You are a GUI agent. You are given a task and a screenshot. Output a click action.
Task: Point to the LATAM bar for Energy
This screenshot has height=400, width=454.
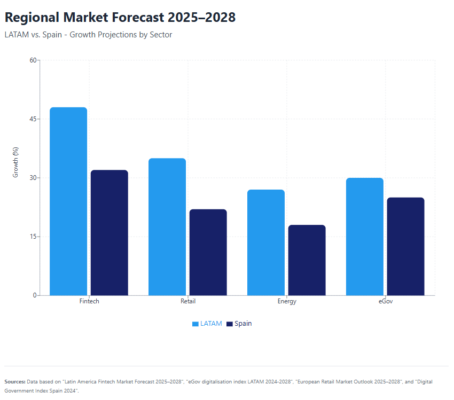pos(266,242)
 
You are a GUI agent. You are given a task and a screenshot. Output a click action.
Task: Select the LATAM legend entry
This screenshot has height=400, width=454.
pos(207,324)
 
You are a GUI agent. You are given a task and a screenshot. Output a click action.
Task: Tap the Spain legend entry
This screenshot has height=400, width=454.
pos(239,324)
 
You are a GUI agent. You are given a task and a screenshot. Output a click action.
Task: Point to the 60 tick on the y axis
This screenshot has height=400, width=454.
pos(33,60)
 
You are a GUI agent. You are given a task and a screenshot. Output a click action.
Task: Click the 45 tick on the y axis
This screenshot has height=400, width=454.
pos(33,119)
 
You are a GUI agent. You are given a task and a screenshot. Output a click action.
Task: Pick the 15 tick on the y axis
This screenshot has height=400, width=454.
pos(33,237)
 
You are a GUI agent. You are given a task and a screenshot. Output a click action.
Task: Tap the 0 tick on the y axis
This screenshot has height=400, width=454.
pos(35,295)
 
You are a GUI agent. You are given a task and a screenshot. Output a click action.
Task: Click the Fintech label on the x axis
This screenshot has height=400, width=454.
pos(89,301)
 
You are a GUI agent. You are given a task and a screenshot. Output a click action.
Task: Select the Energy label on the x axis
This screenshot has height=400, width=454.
pos(287,301)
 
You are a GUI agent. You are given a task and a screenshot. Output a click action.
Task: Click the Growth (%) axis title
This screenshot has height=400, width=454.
pos(16,162)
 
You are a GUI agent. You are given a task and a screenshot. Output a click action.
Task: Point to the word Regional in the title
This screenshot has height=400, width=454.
pos(32,18)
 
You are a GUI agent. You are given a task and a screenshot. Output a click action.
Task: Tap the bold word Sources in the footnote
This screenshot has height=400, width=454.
pos(14,382)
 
